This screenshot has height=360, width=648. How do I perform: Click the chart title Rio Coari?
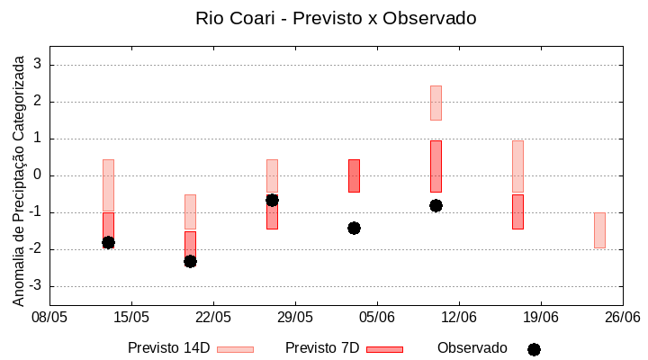336,18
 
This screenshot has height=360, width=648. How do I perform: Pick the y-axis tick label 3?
39,65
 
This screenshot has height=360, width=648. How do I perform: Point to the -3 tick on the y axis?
36,286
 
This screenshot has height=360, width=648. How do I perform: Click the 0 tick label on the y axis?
39,175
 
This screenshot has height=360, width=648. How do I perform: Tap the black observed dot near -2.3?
190,261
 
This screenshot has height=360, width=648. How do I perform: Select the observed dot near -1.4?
354,228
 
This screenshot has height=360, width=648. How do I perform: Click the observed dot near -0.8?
436,205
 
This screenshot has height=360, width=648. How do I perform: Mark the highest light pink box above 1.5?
436,103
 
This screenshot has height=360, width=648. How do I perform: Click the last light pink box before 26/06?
599,230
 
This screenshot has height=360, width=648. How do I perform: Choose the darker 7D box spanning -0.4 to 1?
436,166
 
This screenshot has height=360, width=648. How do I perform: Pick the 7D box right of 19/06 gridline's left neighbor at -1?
517,211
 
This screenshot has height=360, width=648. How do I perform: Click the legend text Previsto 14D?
168,348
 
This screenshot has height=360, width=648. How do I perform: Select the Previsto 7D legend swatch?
384,349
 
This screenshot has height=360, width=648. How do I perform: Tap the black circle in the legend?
534,349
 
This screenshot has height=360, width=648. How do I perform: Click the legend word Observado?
472,348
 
